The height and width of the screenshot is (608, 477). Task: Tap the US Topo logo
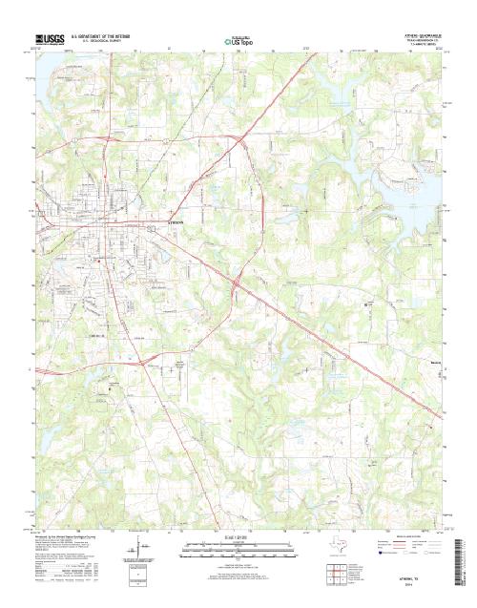(x=238, y=41)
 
